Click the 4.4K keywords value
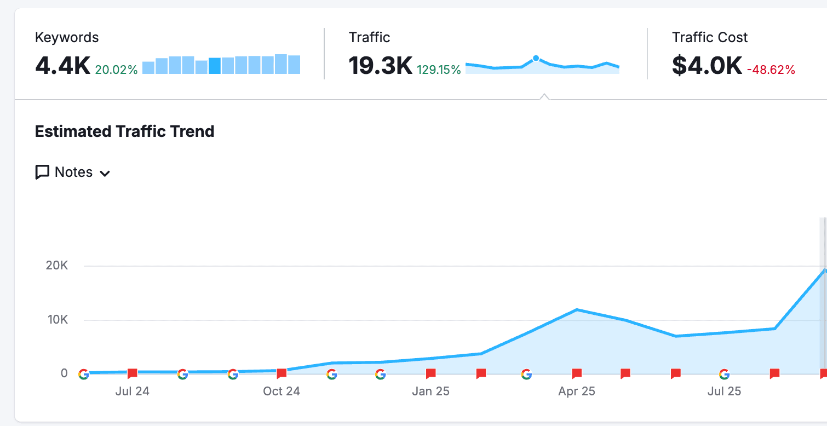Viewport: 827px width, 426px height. click(63, 66)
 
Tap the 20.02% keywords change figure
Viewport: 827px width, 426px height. click(116, 70)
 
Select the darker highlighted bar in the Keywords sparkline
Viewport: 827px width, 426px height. click(215, 66)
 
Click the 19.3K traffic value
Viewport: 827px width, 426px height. click(380, 66)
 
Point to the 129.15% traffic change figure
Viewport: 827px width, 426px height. click(439, 70)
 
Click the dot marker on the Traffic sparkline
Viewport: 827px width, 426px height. click(536, 59)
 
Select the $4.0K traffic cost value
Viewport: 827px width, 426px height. click(707, 66)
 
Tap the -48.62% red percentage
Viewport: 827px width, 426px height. click(771, 70)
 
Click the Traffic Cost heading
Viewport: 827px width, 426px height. click(710, 37)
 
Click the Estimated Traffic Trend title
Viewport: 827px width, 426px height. click(124, 131)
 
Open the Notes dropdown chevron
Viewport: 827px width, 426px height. click(105, 174)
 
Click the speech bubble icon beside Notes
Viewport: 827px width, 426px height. click(42, 172)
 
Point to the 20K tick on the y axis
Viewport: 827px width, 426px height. click(57, 266)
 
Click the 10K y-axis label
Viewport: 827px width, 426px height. click(58, 319)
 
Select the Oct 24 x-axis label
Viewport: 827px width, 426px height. click(282, 391)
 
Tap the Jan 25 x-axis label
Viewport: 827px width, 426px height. click(430, 391)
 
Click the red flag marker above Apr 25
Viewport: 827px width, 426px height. click(577, 373)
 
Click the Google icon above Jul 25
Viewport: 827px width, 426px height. click(725, 375)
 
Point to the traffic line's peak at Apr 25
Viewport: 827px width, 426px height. click(577, 310)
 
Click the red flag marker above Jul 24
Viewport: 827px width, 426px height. click(132, 373)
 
